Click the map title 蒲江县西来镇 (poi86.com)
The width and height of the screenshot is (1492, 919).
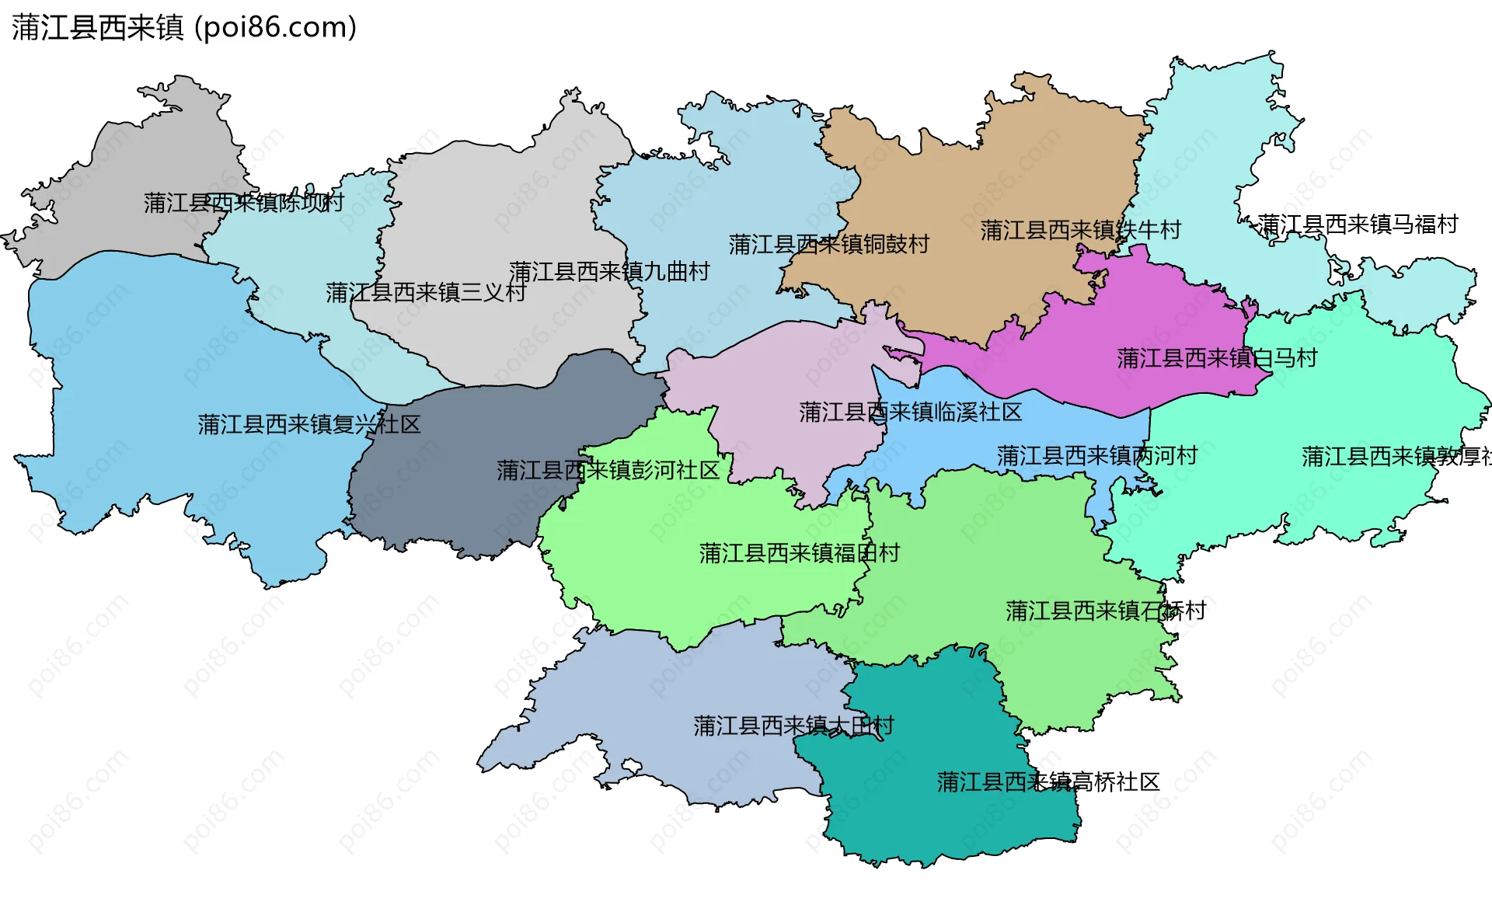(x=184, y=27)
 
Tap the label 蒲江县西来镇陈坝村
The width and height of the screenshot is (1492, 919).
(x=243, y=203)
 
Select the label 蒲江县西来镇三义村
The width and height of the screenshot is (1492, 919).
(x=425, y=293)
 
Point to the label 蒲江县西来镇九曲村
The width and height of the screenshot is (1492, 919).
(x=609, y=272)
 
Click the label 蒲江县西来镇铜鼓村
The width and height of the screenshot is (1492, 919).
(x=828, y=245)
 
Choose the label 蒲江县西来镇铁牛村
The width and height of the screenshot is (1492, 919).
(x=1080, y=230)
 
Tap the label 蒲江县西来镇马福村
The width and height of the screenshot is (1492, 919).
(x=1358, y=225)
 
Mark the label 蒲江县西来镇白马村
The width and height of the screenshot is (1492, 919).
(x=1217, y=358)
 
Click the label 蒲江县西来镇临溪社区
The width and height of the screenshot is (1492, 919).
(x=910, y=412)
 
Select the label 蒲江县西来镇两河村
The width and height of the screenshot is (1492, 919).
(x=1096, y=456)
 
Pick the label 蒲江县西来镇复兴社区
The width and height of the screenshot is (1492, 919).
(x=309, y=424)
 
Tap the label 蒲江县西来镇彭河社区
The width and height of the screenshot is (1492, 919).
(x=608, y=470)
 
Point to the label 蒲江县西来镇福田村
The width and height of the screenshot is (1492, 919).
(x=799, y=553)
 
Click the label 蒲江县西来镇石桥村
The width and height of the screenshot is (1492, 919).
(x=1105, y=611)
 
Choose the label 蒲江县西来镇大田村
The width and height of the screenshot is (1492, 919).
(x=793, y=726)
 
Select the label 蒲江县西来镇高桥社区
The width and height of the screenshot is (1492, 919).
(x=1048, y=781)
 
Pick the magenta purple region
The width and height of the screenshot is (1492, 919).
(x=1127, y=311)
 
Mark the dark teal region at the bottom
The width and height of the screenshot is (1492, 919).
(x=932, y=823)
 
